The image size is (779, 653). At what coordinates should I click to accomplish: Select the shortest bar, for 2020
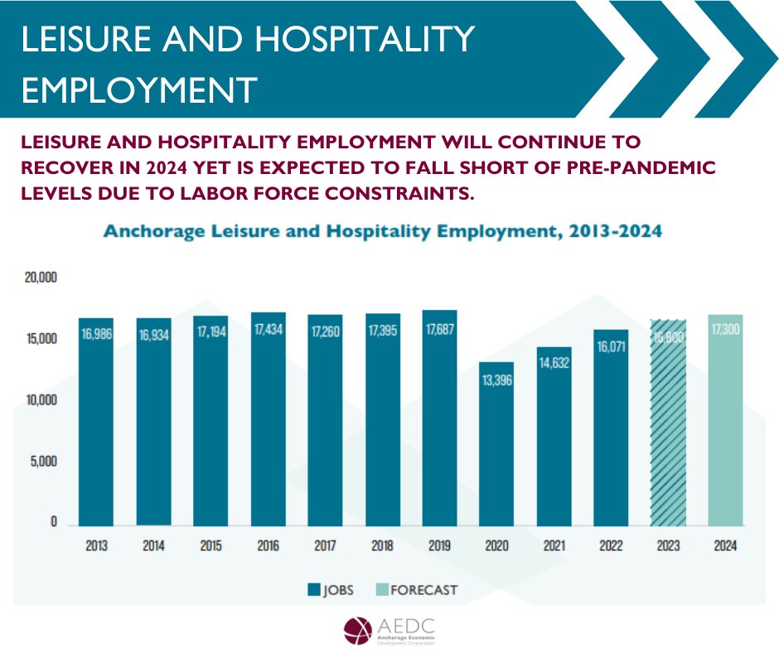[496, 443]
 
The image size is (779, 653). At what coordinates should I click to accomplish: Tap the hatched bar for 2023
[668, 423]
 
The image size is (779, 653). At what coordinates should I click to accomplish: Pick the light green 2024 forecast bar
[725, 420]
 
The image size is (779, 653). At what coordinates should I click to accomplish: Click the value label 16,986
[96, 335]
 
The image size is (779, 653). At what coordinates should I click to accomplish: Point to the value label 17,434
[268, 330]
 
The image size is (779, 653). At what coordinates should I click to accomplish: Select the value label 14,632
[554, 362]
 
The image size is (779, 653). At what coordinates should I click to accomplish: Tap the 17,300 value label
[725, 330]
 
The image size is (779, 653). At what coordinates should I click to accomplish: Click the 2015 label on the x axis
[210, 547]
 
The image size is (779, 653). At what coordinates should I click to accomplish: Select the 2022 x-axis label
[611, 547]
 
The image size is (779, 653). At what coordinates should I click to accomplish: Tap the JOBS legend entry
[331, 590]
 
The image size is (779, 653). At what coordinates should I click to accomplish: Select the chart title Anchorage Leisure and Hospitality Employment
[383, 232]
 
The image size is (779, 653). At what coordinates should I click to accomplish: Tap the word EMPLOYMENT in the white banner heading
[138, 89]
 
